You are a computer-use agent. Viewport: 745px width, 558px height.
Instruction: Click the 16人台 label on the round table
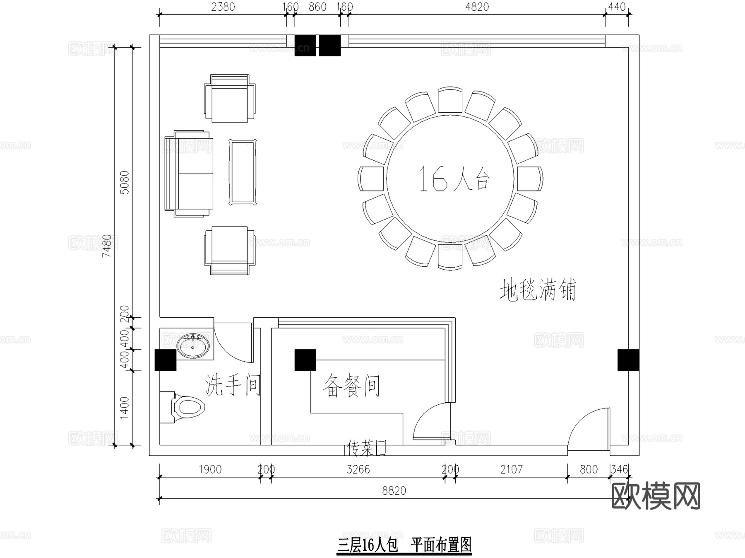click(x=454, y=179)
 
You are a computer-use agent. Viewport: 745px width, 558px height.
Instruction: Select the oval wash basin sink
click(x=193, y=345)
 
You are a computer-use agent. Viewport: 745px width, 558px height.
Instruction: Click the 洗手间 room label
click(x=233, y=385)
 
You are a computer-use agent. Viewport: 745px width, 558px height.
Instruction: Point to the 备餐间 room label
click(x=351, y=386)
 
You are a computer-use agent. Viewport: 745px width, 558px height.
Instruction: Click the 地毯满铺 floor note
click(x=537, y=290)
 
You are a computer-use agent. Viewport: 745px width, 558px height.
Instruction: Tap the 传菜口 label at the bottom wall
click(x=366, y=448)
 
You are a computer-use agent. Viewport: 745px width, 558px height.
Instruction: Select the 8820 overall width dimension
click(x=394, y=491)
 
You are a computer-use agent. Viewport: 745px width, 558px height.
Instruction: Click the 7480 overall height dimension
click(x=107, y=246)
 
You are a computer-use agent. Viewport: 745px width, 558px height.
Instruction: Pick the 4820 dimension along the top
click(x=477, y=7)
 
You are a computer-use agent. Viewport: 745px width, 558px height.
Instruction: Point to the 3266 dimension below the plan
click(x=358, y=469)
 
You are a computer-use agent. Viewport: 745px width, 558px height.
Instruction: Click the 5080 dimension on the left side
click(x=125, y=182)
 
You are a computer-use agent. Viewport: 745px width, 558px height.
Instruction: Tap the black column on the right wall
click(x=628, y=360)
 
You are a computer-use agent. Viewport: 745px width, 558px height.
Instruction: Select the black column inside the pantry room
click(x=305, y=360)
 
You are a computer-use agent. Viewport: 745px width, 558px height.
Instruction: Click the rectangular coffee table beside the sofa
click(x=243, y=172)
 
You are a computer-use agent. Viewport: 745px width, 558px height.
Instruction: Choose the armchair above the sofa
click(x=230, y=99)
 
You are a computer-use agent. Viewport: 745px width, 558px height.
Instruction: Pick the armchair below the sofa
click(x=230, y=250)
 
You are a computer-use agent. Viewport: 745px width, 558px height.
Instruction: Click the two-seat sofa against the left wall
click(x=189, y=174)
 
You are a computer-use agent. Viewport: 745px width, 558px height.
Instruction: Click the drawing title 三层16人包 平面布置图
click(x=404, y=545)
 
